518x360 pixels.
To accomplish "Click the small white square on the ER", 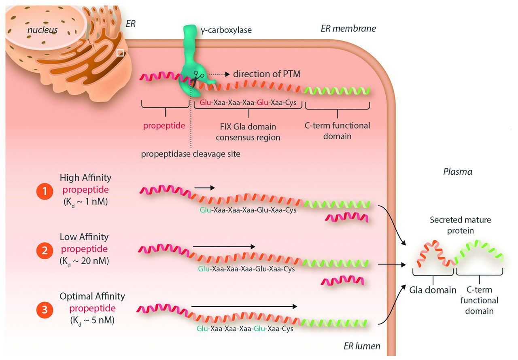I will tap(120, 53).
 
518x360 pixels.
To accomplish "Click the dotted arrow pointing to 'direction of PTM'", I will tap(219, 74).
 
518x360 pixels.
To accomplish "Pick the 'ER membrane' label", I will tap(348, 28).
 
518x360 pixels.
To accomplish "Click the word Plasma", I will tap(458, 172).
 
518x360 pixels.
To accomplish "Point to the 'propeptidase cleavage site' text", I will tap(191, 154).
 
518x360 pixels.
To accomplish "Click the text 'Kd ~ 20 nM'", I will tap(84, 260).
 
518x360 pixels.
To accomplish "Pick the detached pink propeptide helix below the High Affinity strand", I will tap(347, 217).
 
